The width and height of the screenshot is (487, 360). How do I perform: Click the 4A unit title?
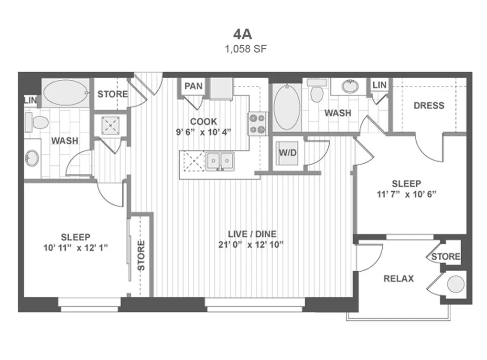[x=243, y=34]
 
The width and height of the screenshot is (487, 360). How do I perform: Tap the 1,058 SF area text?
[x=246, y=49]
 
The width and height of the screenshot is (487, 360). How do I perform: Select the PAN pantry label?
[x=193, y=86]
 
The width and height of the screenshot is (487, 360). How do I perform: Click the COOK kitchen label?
[x=204, y=121]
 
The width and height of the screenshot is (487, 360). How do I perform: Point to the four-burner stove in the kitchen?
[x=258, y=124]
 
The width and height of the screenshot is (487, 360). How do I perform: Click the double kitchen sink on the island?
[x=220, y=161]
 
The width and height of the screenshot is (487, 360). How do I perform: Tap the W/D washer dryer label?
[x=288, y=152]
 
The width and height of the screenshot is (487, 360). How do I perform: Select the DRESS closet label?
[x=429, y=106]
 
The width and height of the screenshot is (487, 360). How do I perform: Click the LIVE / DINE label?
[x=252, y=234]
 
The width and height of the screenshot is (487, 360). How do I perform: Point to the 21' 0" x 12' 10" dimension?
[x=251, y=245]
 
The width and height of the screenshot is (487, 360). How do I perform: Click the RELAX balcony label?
[x=399, y=279]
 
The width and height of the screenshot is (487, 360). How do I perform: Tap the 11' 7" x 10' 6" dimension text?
[x=406, y=194]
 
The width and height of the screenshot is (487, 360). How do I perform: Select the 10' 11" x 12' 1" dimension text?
[x=76, y=248]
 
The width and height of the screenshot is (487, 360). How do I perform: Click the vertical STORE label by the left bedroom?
[x=141, y=255]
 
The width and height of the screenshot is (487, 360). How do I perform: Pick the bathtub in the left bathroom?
[x=65, y=93]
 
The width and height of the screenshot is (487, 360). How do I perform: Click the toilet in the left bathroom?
[x=37, y=122]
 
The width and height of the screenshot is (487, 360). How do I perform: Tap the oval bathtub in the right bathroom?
[x=287, y=107]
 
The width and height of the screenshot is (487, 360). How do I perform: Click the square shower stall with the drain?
[x=110, y=125]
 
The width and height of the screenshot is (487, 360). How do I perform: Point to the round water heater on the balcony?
[x=455, y=284]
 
